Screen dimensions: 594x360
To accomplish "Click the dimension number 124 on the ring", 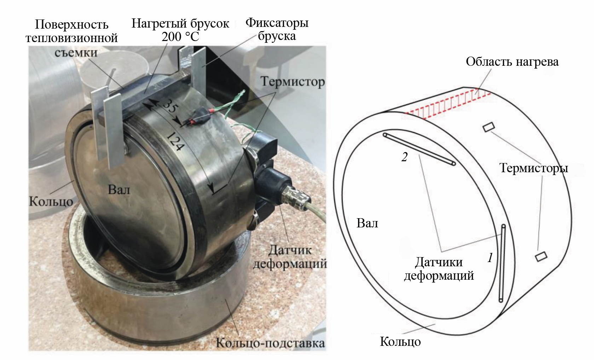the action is pos(174,142).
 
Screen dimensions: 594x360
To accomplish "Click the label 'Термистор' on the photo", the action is pos(293,82).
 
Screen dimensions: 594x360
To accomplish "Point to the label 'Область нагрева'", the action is pos(512,62).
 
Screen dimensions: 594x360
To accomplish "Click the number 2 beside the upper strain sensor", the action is pos(404,157).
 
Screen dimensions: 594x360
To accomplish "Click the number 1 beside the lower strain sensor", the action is pos(490,258).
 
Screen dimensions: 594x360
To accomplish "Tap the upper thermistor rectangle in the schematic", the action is pos(489,127).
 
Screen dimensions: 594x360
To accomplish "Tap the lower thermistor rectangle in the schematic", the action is pos(541,256).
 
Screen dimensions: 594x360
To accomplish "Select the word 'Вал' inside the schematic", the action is pos(367,223).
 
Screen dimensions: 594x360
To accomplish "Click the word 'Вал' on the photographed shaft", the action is pos(119,190).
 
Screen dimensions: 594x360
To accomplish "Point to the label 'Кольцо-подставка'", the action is pos(270,343).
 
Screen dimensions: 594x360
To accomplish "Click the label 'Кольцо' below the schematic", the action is pos(400,342).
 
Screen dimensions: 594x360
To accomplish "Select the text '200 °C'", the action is pos(180,36).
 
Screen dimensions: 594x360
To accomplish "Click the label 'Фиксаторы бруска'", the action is pos(277,29).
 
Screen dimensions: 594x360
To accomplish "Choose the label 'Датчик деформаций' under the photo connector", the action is pos(290,257).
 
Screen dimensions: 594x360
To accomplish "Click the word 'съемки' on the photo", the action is pos(76,52).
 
